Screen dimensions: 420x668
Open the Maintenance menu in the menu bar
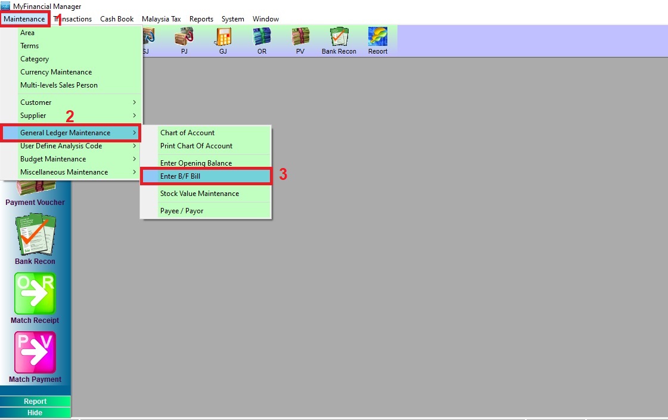24,19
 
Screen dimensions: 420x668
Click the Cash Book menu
117,19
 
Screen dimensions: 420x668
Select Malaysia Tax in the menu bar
161,19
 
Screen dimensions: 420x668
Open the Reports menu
201,19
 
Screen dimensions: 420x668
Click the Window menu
266,19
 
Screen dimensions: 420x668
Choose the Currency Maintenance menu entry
56,72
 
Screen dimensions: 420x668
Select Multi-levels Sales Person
59,85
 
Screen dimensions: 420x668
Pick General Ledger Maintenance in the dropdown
66,133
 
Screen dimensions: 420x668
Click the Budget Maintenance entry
53,159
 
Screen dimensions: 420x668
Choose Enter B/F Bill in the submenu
181,176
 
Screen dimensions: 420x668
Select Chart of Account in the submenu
187,133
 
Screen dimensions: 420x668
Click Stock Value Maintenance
200,194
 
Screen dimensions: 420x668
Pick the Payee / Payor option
182,211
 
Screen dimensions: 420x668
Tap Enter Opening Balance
196,163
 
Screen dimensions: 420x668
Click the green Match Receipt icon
35,294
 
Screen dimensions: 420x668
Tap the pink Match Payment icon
35,353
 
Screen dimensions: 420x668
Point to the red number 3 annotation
284,175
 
